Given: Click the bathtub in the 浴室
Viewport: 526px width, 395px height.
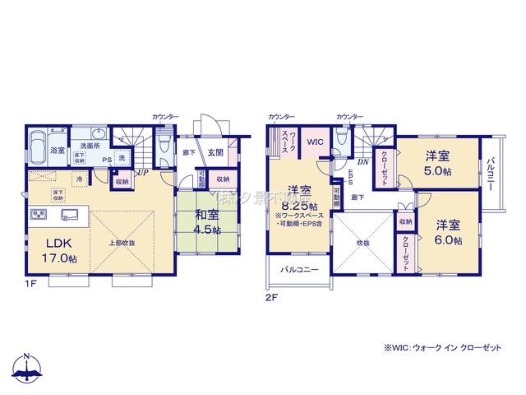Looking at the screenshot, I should (37, 150).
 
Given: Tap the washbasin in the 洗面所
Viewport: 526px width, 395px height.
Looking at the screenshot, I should (97, 135).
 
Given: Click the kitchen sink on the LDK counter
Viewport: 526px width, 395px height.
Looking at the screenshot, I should (69, 216).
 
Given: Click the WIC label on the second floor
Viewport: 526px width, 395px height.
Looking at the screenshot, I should (316, 142).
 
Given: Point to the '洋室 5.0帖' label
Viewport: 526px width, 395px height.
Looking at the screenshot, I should (437, 162).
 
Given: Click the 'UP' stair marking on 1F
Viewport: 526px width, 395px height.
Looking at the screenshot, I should (143, 173).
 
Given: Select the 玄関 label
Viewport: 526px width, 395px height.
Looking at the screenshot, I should (215, 151).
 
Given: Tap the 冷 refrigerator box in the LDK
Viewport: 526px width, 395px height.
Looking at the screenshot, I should (79, 179).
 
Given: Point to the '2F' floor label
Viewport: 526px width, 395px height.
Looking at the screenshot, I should (270, 298).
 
